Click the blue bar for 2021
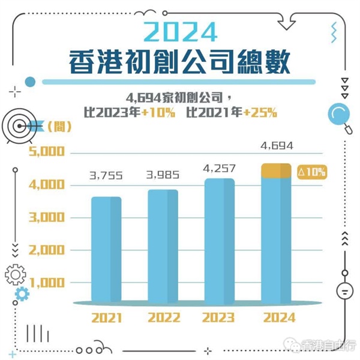pos(106,249)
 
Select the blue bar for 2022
pos(163,246)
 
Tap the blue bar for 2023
pos(219,240)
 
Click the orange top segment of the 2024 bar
pos(276,171)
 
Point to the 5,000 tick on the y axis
pos(47,152)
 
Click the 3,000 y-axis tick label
pos(47,217)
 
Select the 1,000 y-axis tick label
pos(47,282)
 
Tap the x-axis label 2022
pos(163,318)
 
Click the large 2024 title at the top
pos(181,29)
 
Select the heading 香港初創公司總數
pos(181,61)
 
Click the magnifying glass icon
pos(337,114)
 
